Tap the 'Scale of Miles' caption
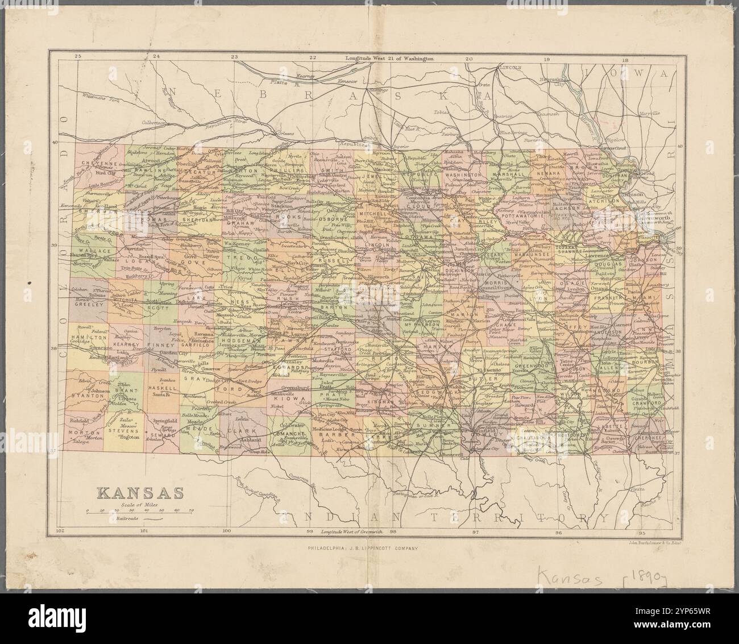139,504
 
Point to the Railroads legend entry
128,518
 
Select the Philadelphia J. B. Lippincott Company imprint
362,549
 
